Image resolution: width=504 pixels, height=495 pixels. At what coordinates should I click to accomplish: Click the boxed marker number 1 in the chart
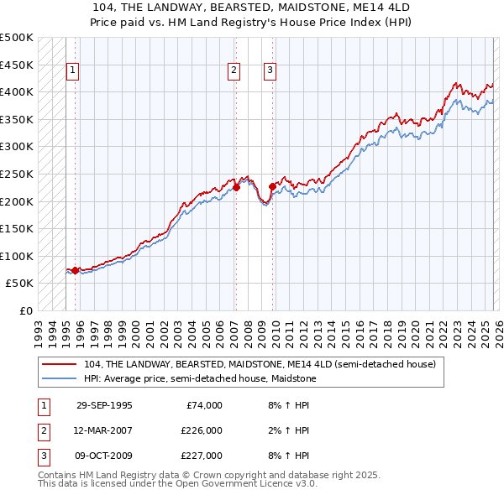coord(73,71)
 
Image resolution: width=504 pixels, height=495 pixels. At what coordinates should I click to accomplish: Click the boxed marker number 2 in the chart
coord(234,71)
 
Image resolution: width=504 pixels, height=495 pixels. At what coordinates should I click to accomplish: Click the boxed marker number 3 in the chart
coord(270,71)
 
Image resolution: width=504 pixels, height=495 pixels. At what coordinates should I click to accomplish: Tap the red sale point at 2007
coord(236,188)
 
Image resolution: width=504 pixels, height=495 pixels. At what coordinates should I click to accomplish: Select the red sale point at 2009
coord(272,186)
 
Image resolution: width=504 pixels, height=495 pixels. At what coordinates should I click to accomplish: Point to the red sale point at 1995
coord(76,270)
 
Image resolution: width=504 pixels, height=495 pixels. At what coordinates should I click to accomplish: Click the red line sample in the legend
coord(60,365)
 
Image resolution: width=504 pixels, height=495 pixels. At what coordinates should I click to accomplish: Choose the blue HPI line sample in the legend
coord(60,378)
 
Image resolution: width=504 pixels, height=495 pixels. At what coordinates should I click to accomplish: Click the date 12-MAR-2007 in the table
coord(104,430)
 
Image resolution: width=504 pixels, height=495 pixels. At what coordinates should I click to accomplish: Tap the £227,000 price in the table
coord(202,456)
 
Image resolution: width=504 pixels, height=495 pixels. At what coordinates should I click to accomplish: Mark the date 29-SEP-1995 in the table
coord(104,405)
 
